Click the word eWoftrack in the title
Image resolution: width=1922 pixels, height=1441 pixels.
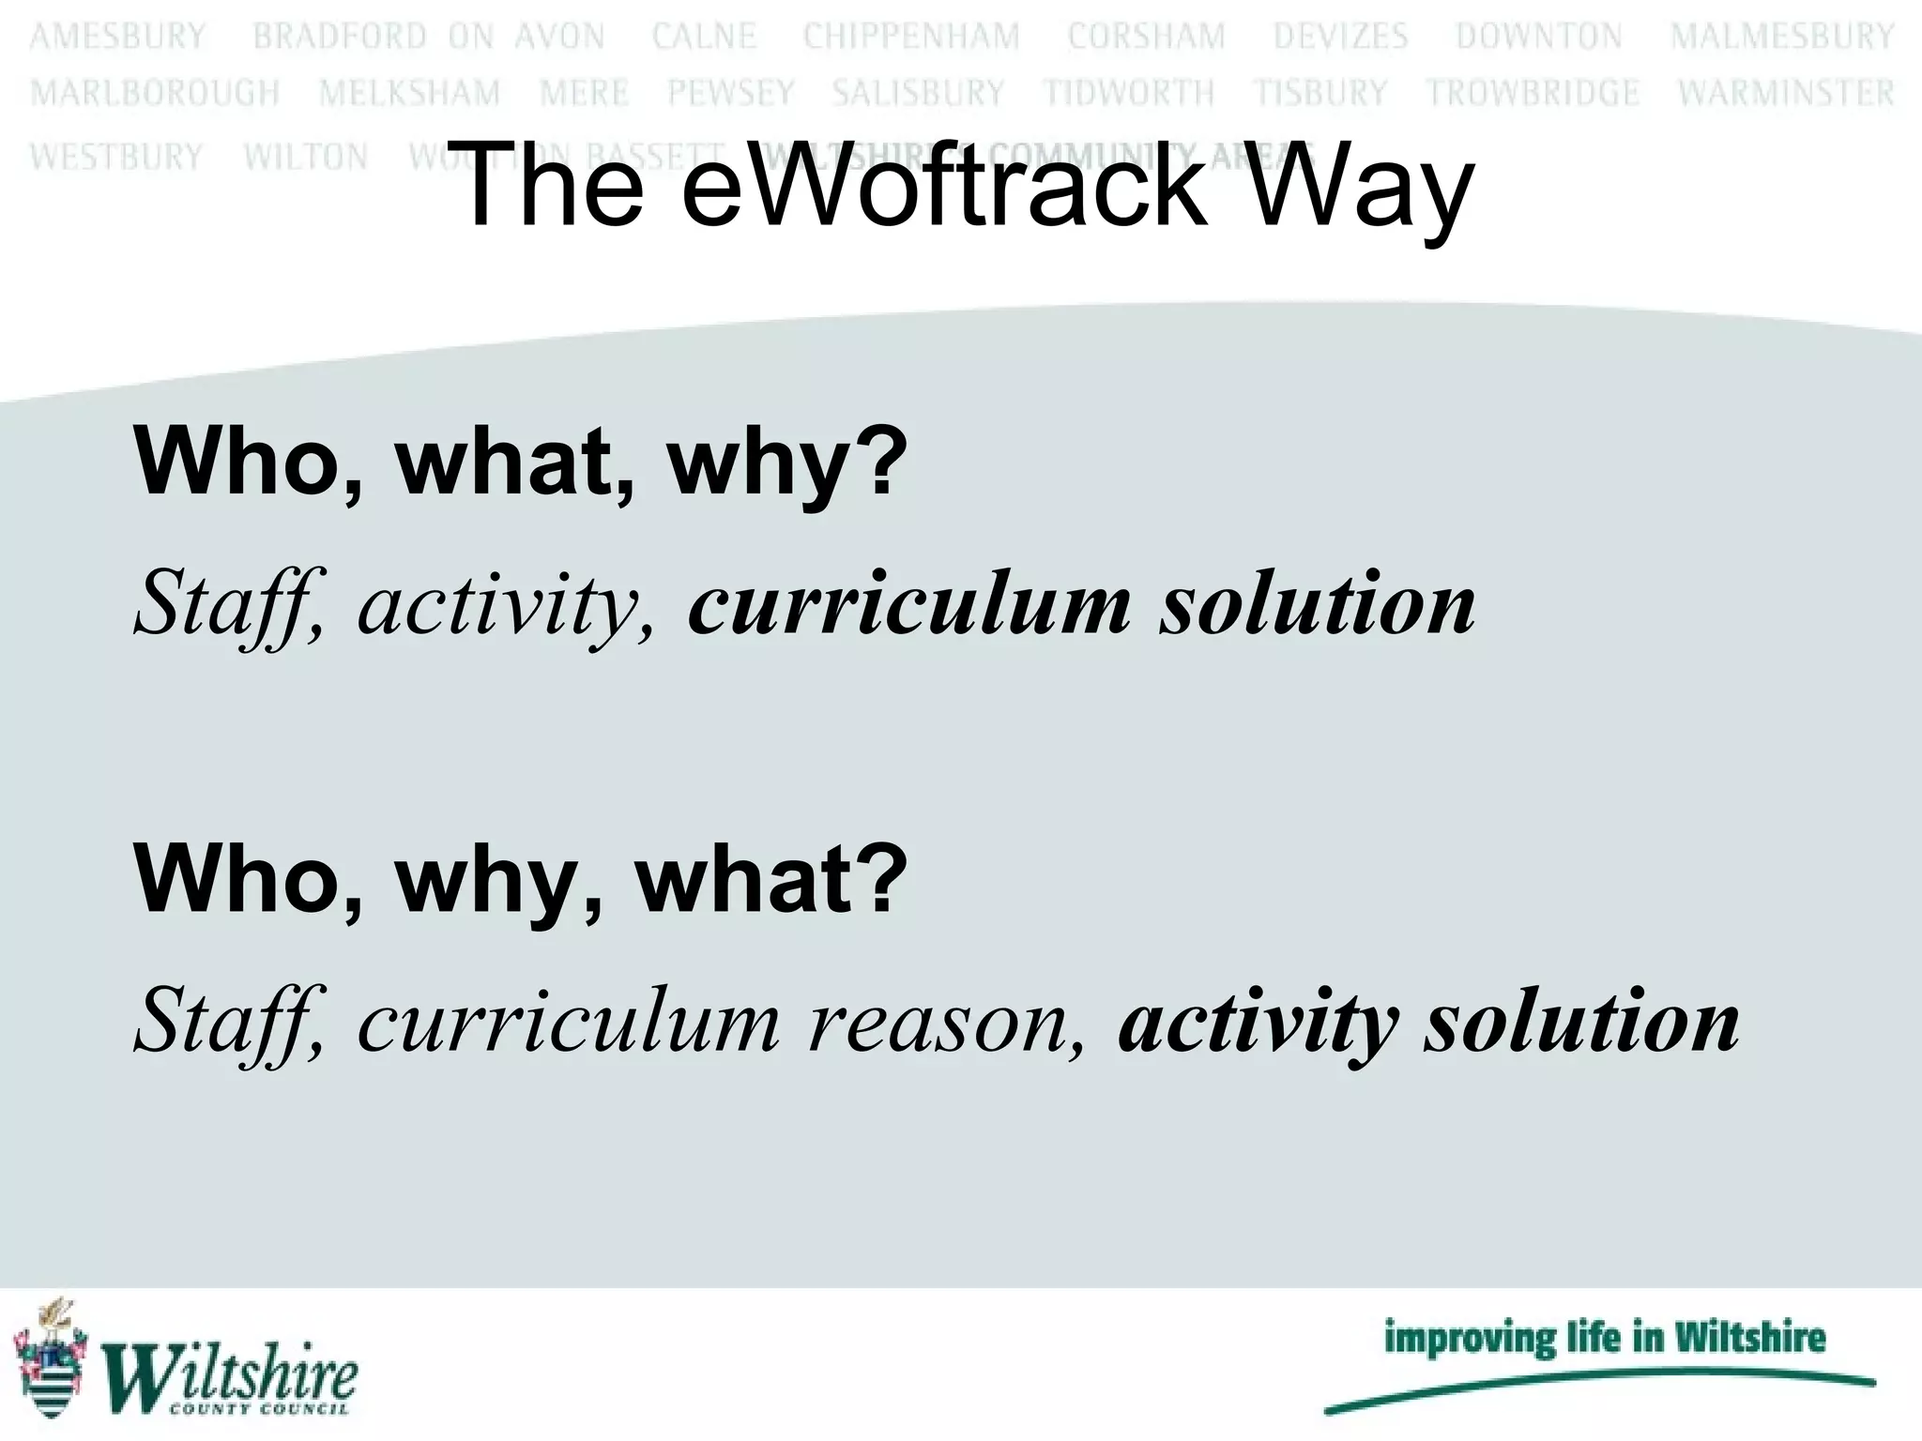pyautogui.click(x=943, y=185)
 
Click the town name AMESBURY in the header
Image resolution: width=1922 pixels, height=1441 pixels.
pyautogui.click(x=117, y=37)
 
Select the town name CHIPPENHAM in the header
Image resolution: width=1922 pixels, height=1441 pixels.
pyautogui.click(x=911, y=37)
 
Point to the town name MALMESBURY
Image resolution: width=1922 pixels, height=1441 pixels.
pyautogui.click(x=1782, y=37)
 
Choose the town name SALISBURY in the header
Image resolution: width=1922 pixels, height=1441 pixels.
pyautogui.click(x=918, y=94)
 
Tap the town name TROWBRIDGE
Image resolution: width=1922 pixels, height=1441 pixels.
pyautogui.click(x=1533, y=94)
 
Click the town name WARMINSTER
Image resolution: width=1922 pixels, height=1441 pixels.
pyautogui.click(x=1786, y=94)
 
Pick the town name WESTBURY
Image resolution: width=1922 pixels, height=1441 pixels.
pyautogui.click(x=116, y=157)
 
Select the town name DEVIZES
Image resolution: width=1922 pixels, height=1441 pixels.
pyautogui.click(x=1340, y=37)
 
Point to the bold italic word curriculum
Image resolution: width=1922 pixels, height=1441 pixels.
pyautogui.click(x=908, y=604)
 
